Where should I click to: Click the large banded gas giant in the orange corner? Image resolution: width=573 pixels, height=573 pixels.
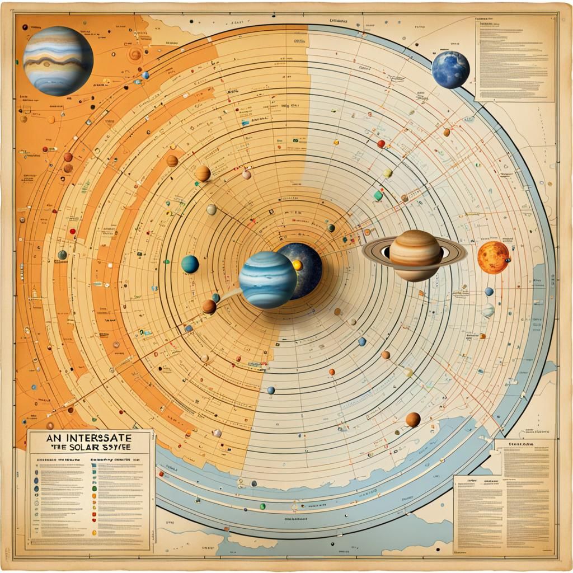coord(58,60)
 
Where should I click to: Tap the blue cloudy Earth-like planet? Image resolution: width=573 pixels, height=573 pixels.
coord(450,70)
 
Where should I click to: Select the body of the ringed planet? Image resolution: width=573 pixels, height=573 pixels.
coord(416,255)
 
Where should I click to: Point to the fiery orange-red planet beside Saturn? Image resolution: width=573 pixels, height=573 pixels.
coord(493,257)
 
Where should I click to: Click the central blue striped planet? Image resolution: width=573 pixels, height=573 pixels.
coord(267,279)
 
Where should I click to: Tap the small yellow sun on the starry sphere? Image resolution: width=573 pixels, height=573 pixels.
coord(298,265)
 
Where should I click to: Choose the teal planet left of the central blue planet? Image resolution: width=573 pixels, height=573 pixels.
coord(190,264)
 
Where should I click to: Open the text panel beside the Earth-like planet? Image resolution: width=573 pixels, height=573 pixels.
coord(514,58)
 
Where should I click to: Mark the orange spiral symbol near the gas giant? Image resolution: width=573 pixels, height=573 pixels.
coord(135,54)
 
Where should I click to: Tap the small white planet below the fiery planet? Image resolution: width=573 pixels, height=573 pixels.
coord(489,309)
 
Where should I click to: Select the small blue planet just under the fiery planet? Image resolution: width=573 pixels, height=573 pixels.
coord(489,292)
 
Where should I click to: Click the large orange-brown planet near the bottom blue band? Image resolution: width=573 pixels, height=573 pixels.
coord(413,419)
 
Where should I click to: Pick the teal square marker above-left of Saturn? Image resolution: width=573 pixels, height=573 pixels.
coord(378,196)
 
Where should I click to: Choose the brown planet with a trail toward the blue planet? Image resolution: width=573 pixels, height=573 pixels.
coord(209,306)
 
